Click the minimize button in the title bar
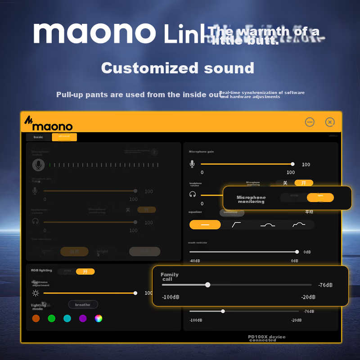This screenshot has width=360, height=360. (x=310, y=122)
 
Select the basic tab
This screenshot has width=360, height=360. (x=38, y=137)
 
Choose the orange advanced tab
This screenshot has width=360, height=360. (x=64, y=137)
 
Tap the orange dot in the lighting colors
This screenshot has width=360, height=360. (x=36, y=319)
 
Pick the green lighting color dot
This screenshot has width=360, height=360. (x=52, y=319)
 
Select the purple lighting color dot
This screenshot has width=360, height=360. (x=83, y=319)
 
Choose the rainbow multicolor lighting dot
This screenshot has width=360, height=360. (x=99, y=319)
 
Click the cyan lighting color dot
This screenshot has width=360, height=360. (x=67, y=319)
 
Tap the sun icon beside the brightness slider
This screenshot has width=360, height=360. (x=36, y=293)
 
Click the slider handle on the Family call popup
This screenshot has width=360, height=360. (x=207, y=285)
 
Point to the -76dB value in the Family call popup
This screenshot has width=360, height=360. (x=325, y=285)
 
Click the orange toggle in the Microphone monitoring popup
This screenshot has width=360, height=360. (x=320, y=198)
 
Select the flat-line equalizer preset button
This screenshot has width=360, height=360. (x=205, y=225)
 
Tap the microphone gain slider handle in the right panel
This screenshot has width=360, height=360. (x=292, y=164)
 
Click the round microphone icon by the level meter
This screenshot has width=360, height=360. (x=38, y=165)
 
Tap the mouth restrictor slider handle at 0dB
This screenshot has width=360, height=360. (x=297, y=252)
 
